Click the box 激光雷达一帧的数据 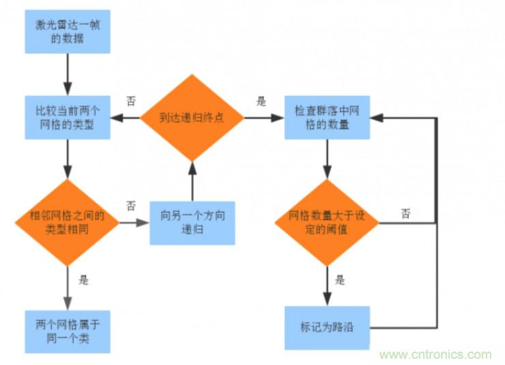point(68,31)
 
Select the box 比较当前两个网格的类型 point(68,117)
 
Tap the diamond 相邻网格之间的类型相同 point(68,222)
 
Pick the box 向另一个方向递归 point(192,223)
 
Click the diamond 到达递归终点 point(192,117)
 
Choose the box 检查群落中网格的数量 point(328,117)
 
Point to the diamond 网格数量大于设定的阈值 point(328,222)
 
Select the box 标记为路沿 point(328,326)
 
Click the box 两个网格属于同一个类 point(68,331)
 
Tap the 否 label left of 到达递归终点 point(130,100)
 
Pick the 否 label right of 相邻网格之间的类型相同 point(130,206)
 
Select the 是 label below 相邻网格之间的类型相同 point(84,279)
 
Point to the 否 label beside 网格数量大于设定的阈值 point(406,213)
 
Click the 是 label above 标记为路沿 point(340,280)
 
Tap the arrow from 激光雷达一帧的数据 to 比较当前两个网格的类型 point(68,74)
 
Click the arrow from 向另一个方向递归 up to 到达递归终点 point(192,181)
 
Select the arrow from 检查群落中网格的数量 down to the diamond point(328,159)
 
